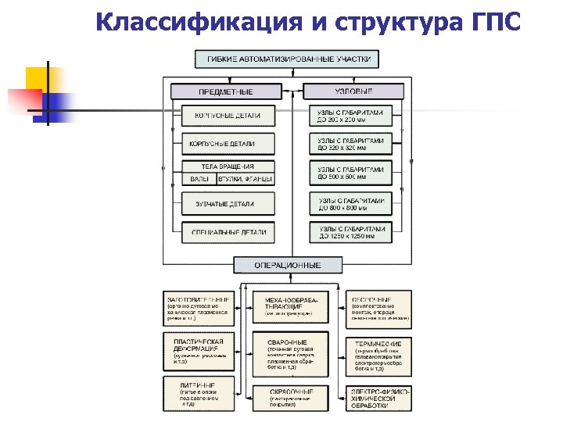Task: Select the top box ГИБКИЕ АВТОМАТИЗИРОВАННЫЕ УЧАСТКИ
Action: coord(287,59)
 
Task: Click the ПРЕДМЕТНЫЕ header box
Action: coord(224,91)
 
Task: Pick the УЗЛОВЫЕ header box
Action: coord(353,91)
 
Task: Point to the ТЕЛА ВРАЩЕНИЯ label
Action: coord(228,166)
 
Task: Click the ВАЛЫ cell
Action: coord(199,179)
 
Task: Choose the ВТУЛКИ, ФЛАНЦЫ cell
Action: coord(246,179)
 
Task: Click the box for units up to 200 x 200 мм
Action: coord(352,116)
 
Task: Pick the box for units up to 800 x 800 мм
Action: coord(352,204)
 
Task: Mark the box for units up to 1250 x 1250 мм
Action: coord(352,232)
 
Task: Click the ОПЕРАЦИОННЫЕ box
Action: coord(288,265)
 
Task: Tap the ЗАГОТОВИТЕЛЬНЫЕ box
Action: coord(199,308)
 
